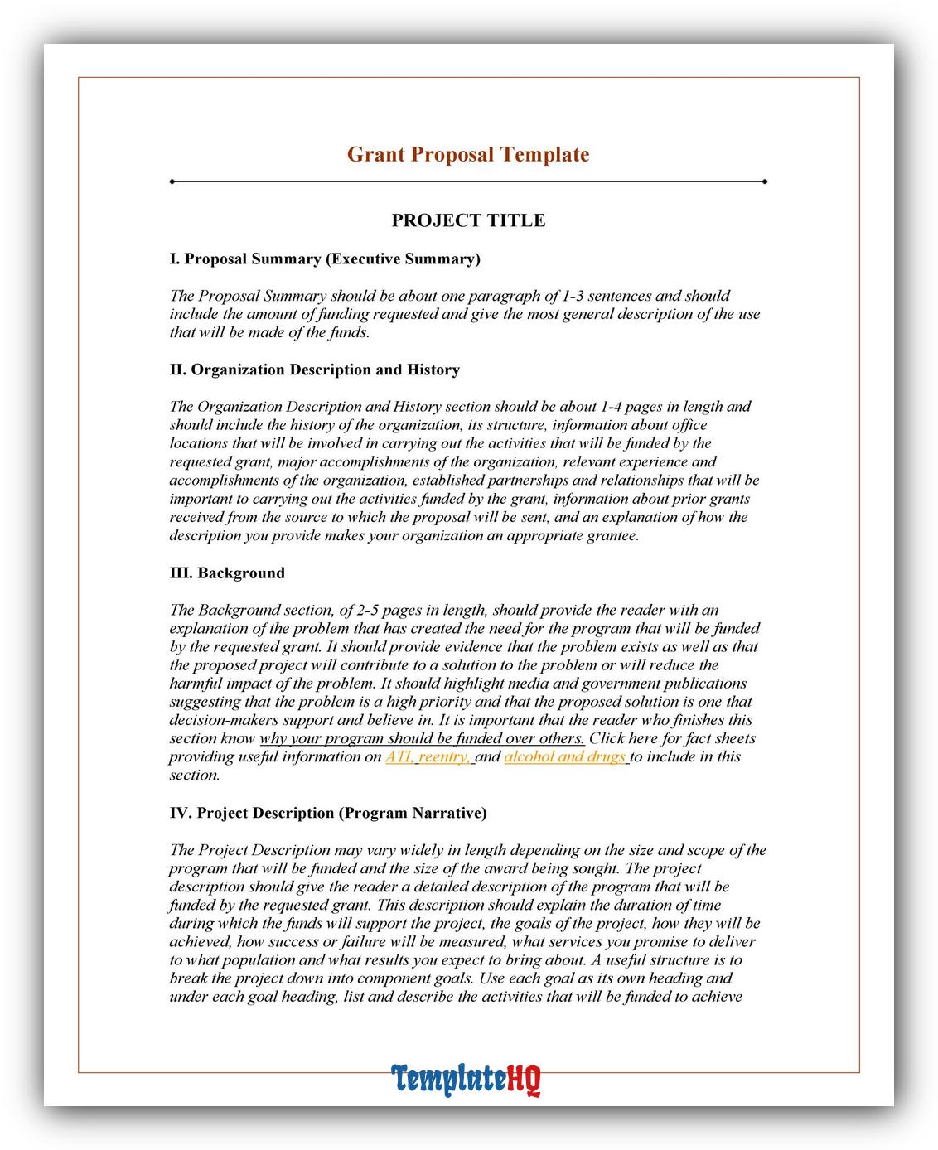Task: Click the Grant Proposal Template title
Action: point(467,154)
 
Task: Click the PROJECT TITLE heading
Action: point(468,220)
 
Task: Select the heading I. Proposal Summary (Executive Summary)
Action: point(325,259)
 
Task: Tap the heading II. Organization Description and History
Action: point(314,370)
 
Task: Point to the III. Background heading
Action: point(227,573)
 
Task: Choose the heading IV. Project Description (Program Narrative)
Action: point(327,813)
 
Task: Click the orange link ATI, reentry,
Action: point(428,756)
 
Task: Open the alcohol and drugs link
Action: point(565,756)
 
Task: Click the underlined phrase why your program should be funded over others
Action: point(422,738)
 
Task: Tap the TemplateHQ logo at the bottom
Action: point(467,1078)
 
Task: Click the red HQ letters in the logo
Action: point(525,1078)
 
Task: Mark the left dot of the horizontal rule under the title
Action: point(172,181)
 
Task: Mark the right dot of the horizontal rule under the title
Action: point(764,181)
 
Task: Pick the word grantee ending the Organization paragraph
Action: point(612,536)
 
